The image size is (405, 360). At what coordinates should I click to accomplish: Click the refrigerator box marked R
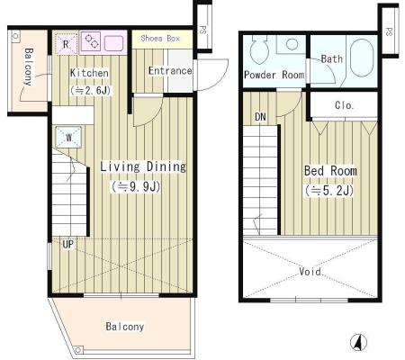pyautogui.click(x=67, y=44)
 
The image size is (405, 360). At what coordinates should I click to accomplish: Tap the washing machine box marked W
pyautogui.click(x=68, y=138)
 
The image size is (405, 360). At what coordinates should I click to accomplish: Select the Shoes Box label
pyautogui.click(x=160, y=39)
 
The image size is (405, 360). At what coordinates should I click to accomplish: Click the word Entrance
pyautogui.click(x=170, y=71)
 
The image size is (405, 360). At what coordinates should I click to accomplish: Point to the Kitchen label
pyautogui.click(x=89, y=73)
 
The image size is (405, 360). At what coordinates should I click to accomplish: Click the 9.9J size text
pyautogui.click(x=136, y=186)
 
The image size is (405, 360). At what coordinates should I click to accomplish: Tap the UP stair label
pyautogui.click(x=67, y=244)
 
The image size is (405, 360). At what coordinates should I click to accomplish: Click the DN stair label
pyautogui.click(x=260, y=116)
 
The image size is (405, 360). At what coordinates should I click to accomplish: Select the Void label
pyautogui.click(x=310, y=272)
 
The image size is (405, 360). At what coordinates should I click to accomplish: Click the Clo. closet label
pyautogui.click(x=344, y=105)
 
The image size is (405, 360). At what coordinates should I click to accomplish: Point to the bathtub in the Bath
pyautogui.click(x=362, y=58)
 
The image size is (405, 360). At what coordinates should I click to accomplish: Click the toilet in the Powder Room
pyautogui.click(x=259, y=49)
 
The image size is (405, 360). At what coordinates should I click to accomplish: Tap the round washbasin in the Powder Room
pyautogui.click(x=292, y=44)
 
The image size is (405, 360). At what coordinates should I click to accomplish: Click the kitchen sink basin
pyautogui.click(x=113, y=43)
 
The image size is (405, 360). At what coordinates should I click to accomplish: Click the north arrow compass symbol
pyautogui.click(x=358, y=342)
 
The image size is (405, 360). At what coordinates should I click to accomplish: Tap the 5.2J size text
pyautogui.click(x=329, y=191)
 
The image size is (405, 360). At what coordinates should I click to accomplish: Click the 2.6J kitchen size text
pyautogui.click(x=90, y=90)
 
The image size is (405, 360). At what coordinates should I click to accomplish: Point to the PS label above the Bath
pyautogui.click(x=389, y=31)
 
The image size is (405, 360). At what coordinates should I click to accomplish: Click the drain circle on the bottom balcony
pyautogui.click(x=78, y=350)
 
